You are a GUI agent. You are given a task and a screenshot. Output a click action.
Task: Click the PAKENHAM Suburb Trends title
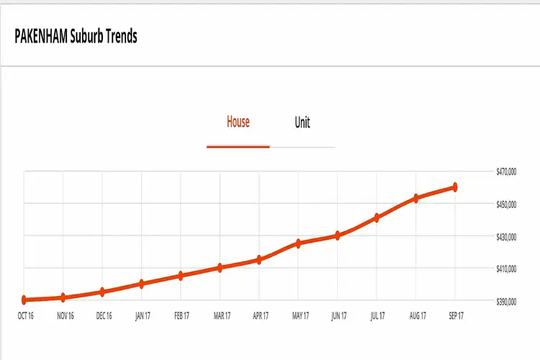click(x=76, y=36)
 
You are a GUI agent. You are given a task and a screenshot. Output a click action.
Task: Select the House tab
click(x=238, y=122)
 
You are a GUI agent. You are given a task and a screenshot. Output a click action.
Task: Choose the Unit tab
click(x=302, y=122)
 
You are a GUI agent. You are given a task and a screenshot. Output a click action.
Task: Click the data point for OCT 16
click(x=24, y=300)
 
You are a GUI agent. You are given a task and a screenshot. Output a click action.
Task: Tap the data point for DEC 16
click(x=103, y=292)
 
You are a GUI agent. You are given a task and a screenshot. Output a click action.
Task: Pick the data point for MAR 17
click(x=220, y=268)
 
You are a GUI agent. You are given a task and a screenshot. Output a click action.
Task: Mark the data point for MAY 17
click(x=299, y=243)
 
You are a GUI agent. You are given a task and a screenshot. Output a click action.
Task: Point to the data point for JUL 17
click(x=377, y=217)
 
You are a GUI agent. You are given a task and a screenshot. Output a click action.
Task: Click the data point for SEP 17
click(x=455, y=187)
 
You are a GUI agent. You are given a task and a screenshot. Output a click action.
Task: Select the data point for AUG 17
click(x=415, y=198)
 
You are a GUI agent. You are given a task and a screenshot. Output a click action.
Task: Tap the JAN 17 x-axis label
click(x=143, y=315)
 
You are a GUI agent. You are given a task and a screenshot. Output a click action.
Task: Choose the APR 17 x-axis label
click(x=260, y=315)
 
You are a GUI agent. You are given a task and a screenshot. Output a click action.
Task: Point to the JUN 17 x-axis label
click(x=338, y=315)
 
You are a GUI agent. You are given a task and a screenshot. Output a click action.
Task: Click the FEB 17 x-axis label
click(x=181, y=315)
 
